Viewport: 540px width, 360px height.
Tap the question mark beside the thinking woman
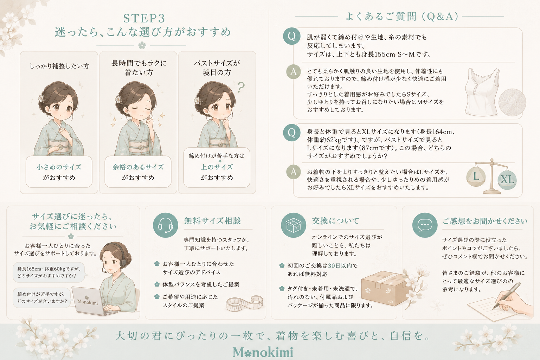pos(240,87)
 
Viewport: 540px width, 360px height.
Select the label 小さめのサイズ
pos(59,167)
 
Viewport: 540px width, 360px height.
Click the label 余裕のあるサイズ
pos(138,167)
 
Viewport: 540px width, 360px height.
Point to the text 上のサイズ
pos(217,167)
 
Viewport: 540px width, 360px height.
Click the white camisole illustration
pos(482,92)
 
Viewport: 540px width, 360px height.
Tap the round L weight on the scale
pos(476,176)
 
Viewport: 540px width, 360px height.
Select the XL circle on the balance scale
pos(507,180)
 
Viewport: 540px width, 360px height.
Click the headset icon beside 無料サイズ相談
pos(165,225)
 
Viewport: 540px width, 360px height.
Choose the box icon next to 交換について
pos(294,225)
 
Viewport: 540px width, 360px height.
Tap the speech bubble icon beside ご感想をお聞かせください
pos(425,225)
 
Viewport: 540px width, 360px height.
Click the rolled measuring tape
pos(245,303)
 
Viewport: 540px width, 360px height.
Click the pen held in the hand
pos(506,296)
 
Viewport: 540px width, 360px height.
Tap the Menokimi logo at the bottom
pos(263,352)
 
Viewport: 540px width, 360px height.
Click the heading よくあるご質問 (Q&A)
pos(402,17)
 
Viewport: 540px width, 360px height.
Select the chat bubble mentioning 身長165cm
pos(49,272)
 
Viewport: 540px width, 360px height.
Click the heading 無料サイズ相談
pos(212,221)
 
